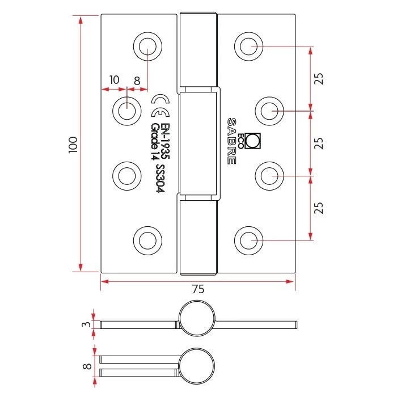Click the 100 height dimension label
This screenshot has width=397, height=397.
[x=73, y=145]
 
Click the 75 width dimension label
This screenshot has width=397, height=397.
[x=198, y=289]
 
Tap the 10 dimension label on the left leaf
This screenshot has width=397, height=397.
[x=114, y=80]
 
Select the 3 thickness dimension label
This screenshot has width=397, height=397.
[x=87, y=324]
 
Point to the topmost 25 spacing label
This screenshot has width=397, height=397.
[x=319, y=78]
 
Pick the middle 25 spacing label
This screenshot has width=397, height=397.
[x=319, y=143]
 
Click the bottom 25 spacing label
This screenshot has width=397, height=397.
[x=319, y=208]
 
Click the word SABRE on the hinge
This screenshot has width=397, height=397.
[x=231, y=141]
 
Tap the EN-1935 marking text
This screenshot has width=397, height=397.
[x=166, y=141]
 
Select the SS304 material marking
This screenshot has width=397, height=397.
[x=161, y=179]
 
